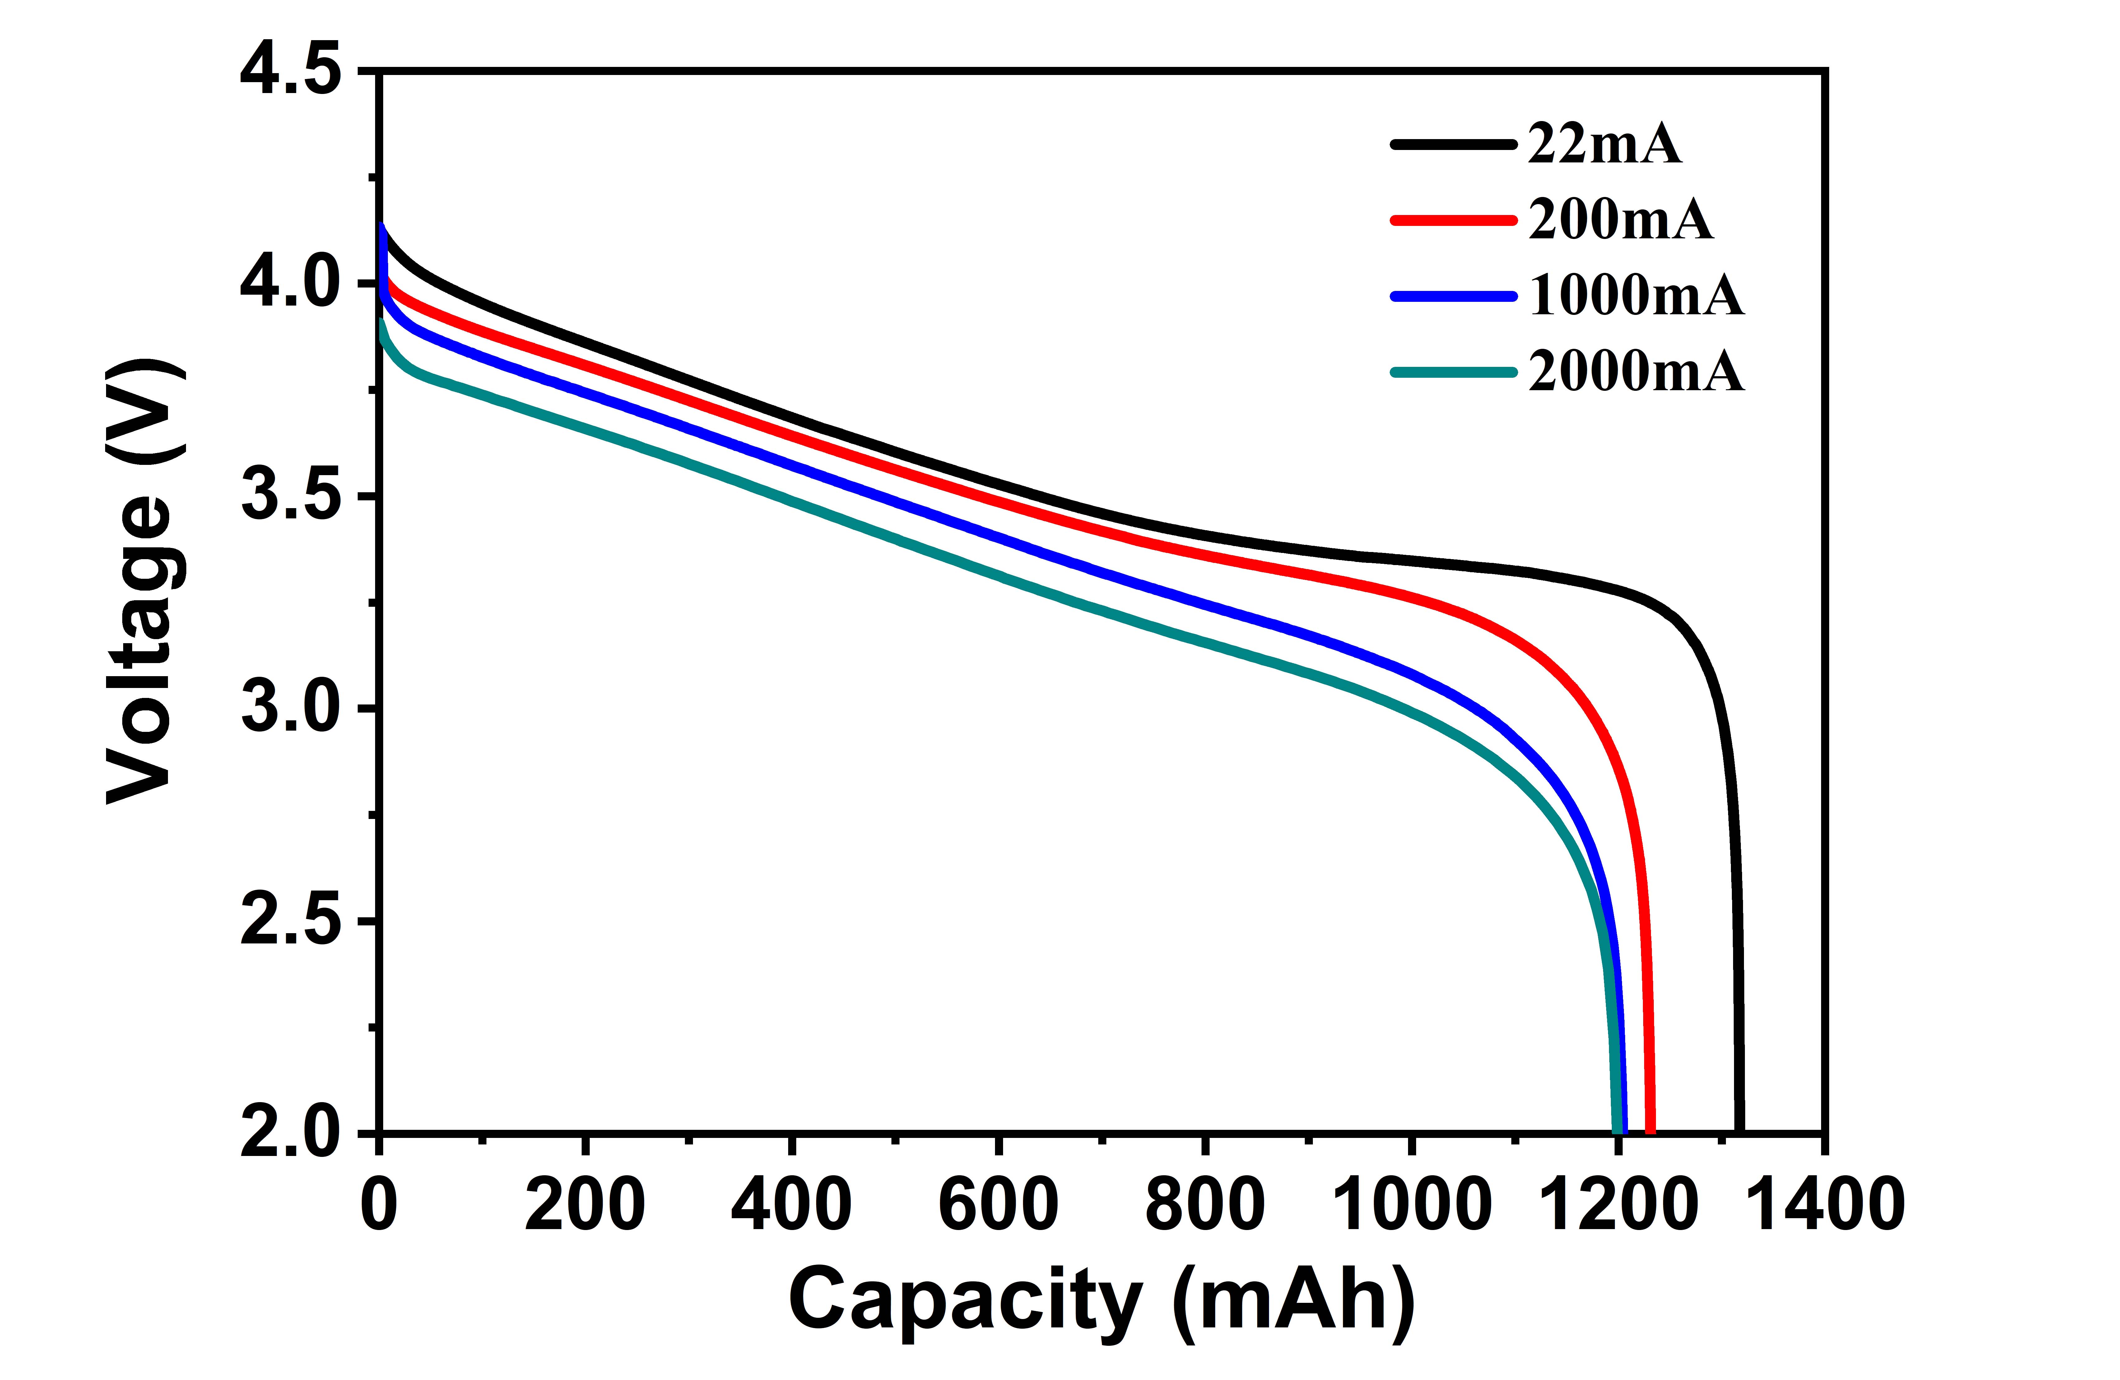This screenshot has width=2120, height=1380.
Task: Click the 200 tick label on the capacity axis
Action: (x=585, y=1204)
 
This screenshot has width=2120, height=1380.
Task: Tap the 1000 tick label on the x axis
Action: (x=1411, y=1204)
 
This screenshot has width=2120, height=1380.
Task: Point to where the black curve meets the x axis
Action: (x=1739, y=1130)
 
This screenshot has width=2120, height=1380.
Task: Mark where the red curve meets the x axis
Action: (x=1650, y=1130)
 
